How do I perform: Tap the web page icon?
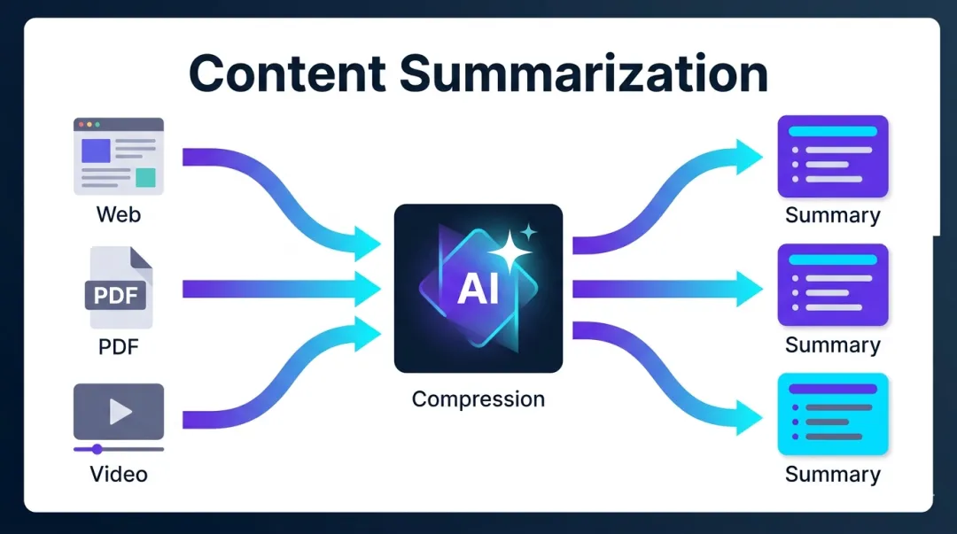point(118,156)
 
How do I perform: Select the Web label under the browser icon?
point(118,214)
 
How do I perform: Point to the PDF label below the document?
point(119,345)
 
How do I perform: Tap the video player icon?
point(119,411)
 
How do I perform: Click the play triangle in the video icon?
point(121,411)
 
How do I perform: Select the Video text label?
point(119,474)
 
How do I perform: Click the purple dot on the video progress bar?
point(97,449)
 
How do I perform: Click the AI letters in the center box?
point(478,290)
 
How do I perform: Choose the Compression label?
point(478,399)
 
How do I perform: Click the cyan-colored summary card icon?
point(832,414)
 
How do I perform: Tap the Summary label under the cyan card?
point(832,474)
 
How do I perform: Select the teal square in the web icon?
point(145,177)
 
